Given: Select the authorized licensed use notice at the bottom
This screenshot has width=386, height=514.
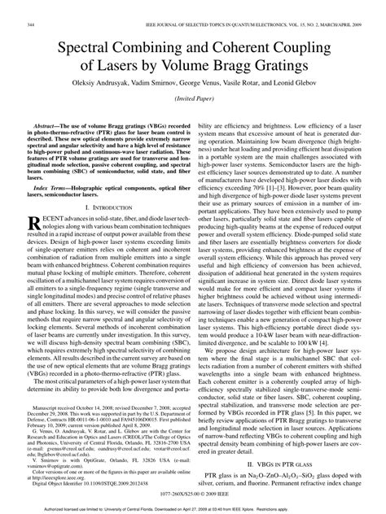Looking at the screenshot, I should click(193, 507).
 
